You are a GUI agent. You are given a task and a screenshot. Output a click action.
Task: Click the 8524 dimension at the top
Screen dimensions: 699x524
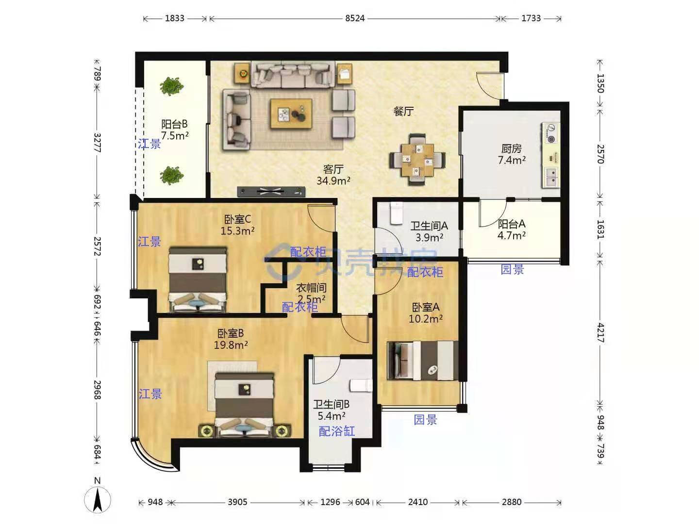pyautogui.click(x=354, y=18)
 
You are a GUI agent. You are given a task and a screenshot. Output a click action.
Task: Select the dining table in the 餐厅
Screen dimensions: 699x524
pyautogui.click(x=417, y=160)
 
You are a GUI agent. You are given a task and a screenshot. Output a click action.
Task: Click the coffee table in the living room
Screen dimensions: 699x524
pyautogui.click(x=291, y=114)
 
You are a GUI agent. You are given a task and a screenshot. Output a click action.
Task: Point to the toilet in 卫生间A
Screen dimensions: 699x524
pyautogui.click(x=396, y=213)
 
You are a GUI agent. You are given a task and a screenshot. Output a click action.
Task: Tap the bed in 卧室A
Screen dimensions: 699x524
pyautogui.click(x=423, y=360)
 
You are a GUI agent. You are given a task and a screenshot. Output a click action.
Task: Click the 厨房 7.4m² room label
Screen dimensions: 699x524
pyautogui.click(x=512, y=154)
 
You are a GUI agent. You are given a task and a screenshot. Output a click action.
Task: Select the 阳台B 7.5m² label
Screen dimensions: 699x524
pyautogui.click(x=174, y=130)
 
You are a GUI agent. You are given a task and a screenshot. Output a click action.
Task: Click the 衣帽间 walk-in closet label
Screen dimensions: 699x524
pyautogui.click(x=311, y=288)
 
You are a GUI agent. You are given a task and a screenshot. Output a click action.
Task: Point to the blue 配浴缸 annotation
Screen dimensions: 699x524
pyautogui.click(x=336, y=431)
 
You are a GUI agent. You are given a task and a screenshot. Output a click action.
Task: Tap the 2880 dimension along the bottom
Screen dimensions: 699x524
pyautogui.click(x=512, y=502)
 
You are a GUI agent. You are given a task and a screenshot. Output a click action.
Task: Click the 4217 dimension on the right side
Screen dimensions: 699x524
pyautogui.click(x=600, y=333)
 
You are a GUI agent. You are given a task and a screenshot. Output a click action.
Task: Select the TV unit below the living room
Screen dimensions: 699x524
pyautogui.click(x=271, y=192)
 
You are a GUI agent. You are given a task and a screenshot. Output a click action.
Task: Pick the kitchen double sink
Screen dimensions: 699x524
pyautogui.click(x=551, y=177)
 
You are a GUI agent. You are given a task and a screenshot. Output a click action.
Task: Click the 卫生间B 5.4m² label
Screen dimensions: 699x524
pyautogui.click(x=331, y=410)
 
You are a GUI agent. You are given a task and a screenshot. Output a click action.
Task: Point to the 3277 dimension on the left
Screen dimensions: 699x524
pyautogui.click(x=97, y=143)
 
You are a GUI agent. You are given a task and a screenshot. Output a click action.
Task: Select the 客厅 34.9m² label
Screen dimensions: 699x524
pyautogui.click(x=333, y=175)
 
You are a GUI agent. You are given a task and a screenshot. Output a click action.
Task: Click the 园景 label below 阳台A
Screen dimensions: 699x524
pyautogui.click(x=512, y=269)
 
